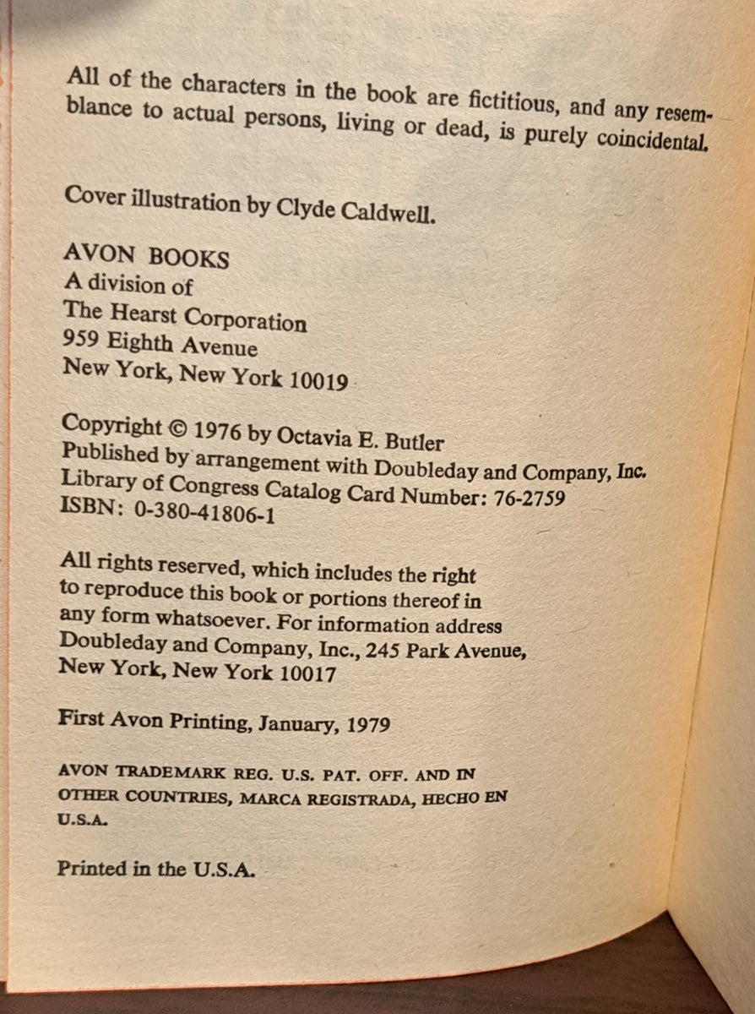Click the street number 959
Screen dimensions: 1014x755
[x=81, y=341]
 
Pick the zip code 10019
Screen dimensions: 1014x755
[x=318, y=381]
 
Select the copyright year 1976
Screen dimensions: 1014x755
[x=218, y=430]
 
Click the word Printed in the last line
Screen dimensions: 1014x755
[x=90, y=869]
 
